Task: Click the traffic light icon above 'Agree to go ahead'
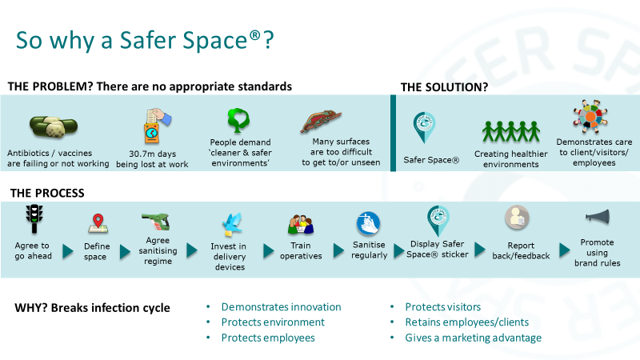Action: (x=34, y=218)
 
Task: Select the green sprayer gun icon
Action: (x=156, y=222)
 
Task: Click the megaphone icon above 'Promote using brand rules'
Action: (x=598, y=216)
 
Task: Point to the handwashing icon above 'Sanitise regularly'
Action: (x=368, y=224)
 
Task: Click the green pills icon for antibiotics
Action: (x=54, y=126)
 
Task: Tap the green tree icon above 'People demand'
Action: (x=238, y=120)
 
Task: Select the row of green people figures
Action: (x=511, y=131)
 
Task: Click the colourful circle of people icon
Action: (x=590, y=116)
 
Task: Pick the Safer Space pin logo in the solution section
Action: (x=424, y=128)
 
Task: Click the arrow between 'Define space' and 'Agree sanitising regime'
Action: (x=125, y=252)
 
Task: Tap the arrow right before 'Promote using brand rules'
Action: (x=565, y=250)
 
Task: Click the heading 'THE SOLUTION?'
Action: (x=444, y=87)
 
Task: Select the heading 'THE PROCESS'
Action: (x=47, y=193)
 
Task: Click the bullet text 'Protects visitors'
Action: (x=443, y=307)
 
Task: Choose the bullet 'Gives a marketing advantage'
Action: (x=473, y=338)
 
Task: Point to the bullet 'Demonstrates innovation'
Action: (x=282, y=307)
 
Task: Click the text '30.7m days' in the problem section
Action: (x=153, y=154)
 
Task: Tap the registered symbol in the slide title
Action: (x=254, y=35)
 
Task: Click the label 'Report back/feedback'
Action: (x=521, y=250)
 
